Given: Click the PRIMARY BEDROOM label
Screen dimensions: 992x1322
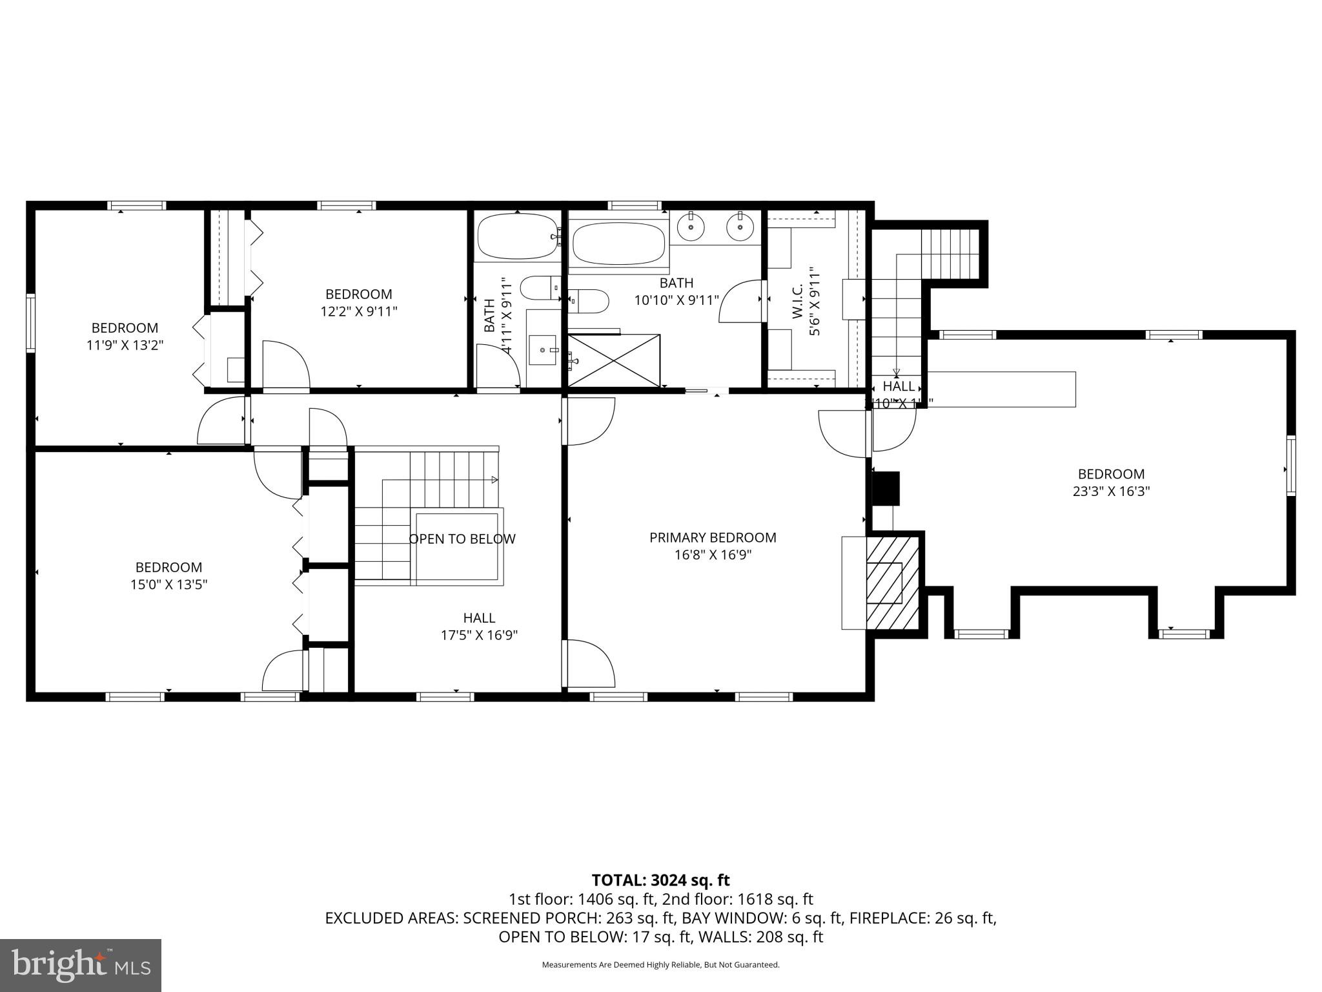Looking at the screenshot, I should [x=713, y=537].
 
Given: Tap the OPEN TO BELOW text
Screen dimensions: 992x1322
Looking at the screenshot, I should [x=462, y=539].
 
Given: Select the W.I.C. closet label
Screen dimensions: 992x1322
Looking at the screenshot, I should [x=797, y=300].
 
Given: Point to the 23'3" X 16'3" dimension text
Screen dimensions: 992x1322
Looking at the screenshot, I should [x=1111, y=491].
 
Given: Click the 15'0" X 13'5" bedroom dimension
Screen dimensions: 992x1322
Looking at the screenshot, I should [x=168, y=584].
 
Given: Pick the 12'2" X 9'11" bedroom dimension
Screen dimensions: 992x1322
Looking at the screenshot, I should [x=358, y=311].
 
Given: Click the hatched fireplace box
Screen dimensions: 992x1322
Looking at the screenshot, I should [x=893, y=581].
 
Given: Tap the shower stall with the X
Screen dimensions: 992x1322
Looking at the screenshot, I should [x=615, y=360].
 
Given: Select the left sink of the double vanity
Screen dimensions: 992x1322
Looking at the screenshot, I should [x=691, y=227].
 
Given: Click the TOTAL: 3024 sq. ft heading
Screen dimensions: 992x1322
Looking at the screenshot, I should [x=660, y=880].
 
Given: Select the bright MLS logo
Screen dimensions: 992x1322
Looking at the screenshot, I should [x=81, y=965].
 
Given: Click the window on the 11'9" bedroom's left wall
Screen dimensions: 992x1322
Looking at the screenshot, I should [x=30, y=323].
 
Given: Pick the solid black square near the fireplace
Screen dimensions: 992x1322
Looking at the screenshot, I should [x=886, y=488].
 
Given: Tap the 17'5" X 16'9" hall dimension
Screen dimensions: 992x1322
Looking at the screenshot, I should [x=479, y=635].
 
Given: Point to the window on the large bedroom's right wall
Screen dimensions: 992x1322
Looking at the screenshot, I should [x=1290, y=465].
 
